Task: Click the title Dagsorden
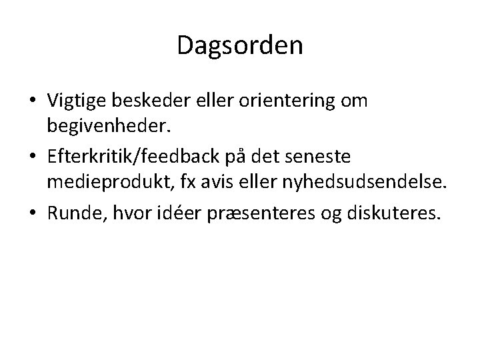click(x=240, y=46)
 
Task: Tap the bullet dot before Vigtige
click(x=32, y=101)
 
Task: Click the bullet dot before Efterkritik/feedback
click(x=32, y=157)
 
